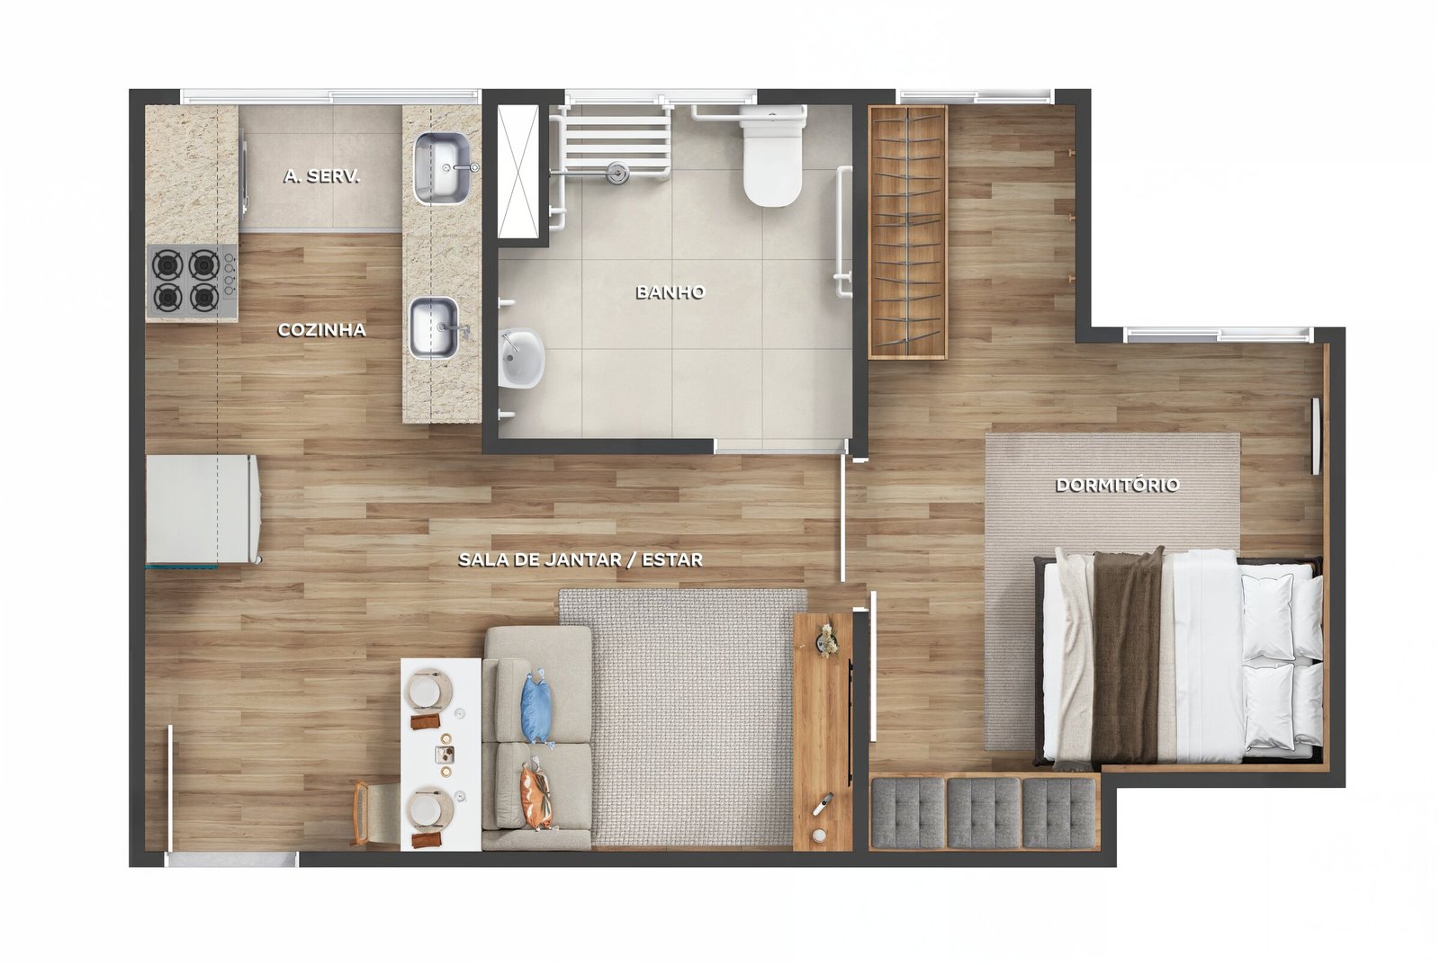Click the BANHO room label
670,292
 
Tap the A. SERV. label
321,176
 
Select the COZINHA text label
321,330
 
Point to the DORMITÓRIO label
1117,485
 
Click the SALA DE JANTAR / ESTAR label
580,559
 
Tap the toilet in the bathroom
773,156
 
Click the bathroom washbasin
521,359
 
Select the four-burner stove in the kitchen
192,282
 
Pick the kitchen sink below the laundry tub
436,327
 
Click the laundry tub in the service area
442,167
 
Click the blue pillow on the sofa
536,708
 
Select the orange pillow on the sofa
536,795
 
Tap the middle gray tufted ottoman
984,813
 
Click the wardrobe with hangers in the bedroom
908,232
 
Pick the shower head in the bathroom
617,171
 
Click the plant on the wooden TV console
827,640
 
